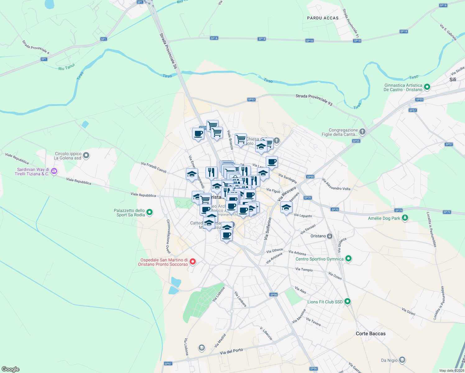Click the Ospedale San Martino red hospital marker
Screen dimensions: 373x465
pyautogui.click(x=193, y=262)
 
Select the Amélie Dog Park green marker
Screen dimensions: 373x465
pyautogui.click(x=405, y=218)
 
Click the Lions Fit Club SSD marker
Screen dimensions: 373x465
pyautogui.click(x=348, y=302)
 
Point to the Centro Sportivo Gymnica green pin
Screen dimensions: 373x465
pyautogui.click(x=348, y=259)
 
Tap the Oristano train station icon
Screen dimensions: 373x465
pyautogui.click(x=329, y=236)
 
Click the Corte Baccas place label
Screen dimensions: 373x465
pyautogui.click(x=371, y=334)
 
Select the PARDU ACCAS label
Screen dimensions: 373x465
pyautogui.click(x=323, y=18)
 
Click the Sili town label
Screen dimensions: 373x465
pyautogui.click(x=453, y=80)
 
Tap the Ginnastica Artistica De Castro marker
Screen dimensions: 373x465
pyautogui.click(x=427, y=87)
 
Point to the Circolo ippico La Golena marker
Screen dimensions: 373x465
pyautogui.click(x=86, y=155)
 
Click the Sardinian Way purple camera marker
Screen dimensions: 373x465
pyautogui.click(x=54, y=171)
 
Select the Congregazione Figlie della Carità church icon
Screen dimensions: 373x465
pyautogui.click(x=362, y=132)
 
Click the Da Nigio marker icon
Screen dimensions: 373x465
pyautogui.click(x=402, y=360)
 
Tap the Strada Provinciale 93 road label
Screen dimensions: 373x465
pyautogui.click(x=314, y=100)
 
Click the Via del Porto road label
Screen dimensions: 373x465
pyautogui.click(x=231, y=351)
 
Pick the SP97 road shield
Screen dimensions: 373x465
pyautogui.click(x=168, y=363)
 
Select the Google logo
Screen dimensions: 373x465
pyautogui.click(x=11, y=369)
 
